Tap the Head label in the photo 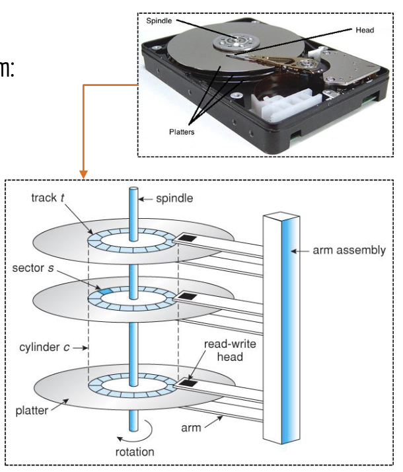coord(363,30)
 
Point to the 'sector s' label coord(34,270)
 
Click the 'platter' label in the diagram coord(32,411)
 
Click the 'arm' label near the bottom coord(192,428)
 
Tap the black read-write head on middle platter coord(188,295)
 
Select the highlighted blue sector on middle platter coord(104,291)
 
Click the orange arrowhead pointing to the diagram coord(84,175)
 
